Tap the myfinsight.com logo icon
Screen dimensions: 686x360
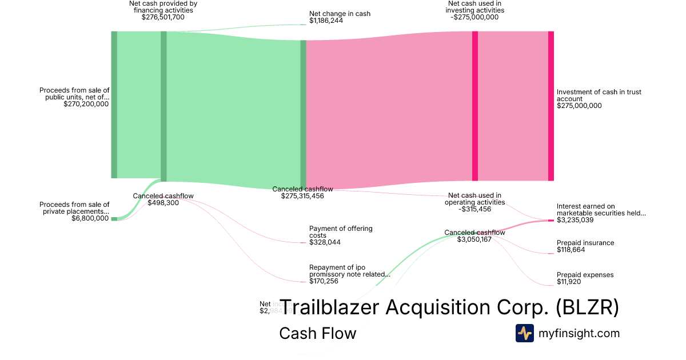[524, 333]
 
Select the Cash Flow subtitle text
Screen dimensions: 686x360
[317, 333]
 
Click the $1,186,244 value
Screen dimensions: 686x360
[327, 21]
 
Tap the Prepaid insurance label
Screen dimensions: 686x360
[585, 243]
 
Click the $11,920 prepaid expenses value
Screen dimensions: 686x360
[570, 282]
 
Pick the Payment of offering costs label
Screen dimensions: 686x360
[341, 231]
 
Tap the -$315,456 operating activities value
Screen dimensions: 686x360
[474, 209]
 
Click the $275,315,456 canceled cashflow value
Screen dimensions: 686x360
[302, 196]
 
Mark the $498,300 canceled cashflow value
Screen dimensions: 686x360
[163, 203]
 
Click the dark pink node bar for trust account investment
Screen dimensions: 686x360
[551, 106]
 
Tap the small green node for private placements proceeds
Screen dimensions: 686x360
[114, 219]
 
